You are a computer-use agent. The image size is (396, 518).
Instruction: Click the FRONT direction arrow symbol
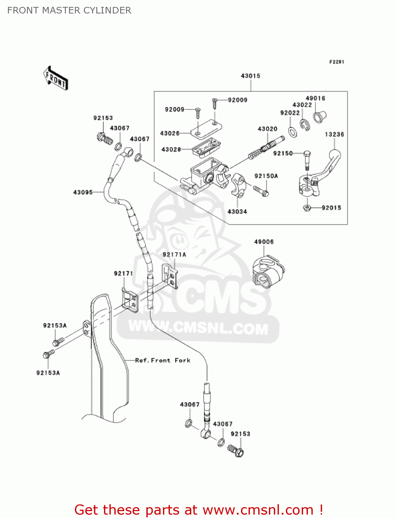(x=55, y=78)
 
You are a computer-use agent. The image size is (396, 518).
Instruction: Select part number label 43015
(x=250, y=76)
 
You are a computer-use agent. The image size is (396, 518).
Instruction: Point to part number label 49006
(x=264, y=242)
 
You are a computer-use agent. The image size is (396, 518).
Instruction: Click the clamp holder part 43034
(x=238, y=185)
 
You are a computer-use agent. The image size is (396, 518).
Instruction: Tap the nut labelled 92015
(x=307, y=208)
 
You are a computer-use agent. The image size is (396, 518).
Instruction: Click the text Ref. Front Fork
(x=163, y=360)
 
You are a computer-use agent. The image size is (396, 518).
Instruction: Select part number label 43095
(x=83, y=192)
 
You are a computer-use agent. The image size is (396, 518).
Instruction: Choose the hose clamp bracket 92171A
(x=170, y=276)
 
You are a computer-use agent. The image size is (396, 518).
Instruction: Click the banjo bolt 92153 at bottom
(x=236, y=451)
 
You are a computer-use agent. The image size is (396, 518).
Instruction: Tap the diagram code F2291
(x=336, y=62)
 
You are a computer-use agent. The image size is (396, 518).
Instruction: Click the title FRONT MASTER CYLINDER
(x=69, y=10)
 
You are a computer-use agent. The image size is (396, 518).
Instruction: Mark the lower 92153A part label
(x=48, y=373)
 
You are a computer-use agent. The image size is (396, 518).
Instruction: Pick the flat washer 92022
(x=292, y=132)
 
